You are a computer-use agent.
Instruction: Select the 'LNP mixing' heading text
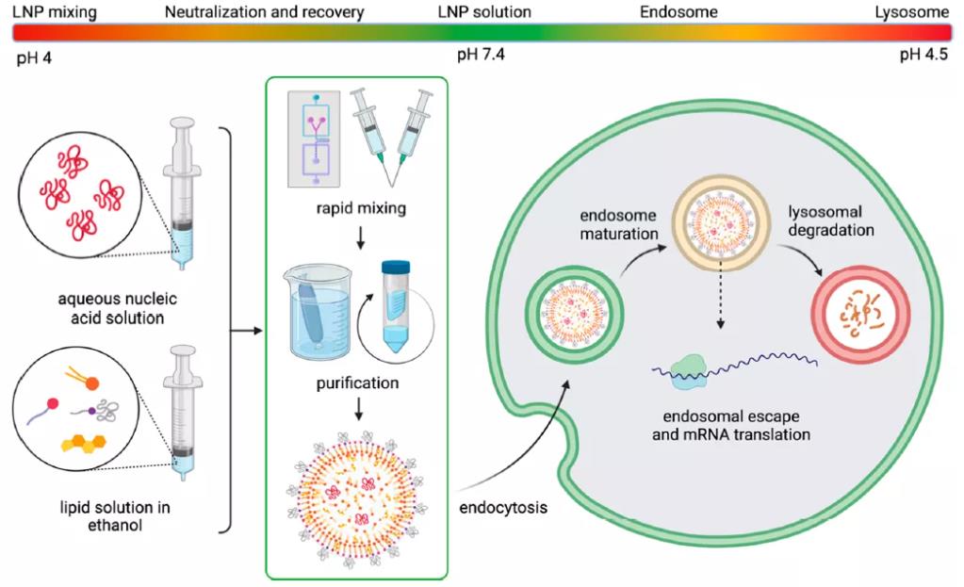[54, 12]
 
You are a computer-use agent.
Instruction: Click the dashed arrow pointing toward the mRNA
[721, 302]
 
